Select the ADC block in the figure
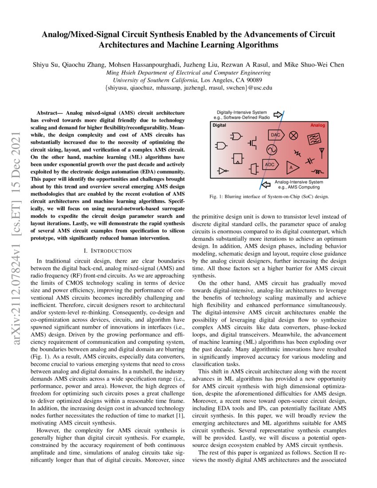tap(270, 164)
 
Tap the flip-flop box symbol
tap(238, 158)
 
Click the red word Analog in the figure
tap(317, 126)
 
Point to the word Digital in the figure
tap(219, 126)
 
